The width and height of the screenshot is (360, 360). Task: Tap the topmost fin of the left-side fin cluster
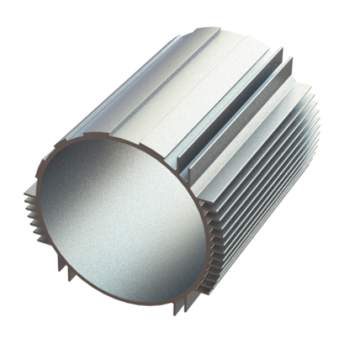coord(30,191)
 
